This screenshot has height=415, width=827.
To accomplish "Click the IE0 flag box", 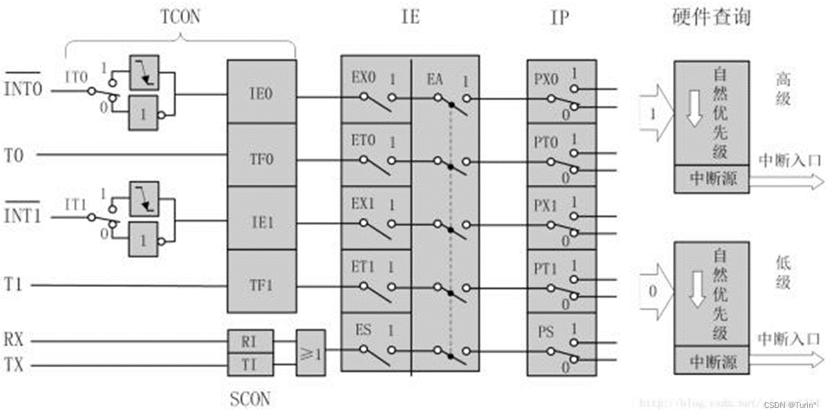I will pyautogui.click(x=261, y=92).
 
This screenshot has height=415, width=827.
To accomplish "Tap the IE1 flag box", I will pyautogui.click(x=261, y=222).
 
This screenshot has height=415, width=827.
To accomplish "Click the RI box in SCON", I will pyautogui.click(x=249, y=341).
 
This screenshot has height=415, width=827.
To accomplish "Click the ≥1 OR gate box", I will pyautogui.click(x=312, y=351).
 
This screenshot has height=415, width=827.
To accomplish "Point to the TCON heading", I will pyautogui.click(x=181, y=17).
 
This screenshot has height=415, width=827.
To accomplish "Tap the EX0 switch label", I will pyautogui.click(x=363, y=78).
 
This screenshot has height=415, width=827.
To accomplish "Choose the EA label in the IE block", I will pyautogui.click(x=434, y=78).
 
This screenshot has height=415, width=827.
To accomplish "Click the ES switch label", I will pyautogui.click(x=363, y=329).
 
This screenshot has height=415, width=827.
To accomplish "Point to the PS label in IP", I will pyautogui.click(x=546, y=331).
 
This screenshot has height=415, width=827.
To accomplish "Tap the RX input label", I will pyautogui.click(x=15, y=339).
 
